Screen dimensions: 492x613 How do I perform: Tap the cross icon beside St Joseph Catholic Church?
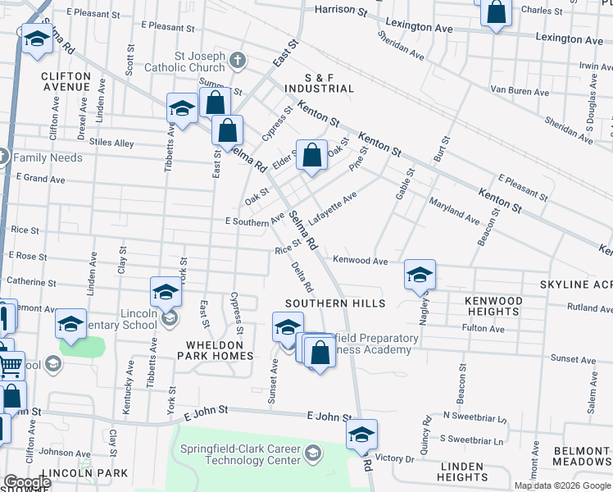point(237,60)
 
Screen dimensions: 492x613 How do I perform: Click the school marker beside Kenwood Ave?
point(420,276)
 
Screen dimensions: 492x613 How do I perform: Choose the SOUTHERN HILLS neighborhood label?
point(334,303)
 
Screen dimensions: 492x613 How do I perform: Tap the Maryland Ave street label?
point(453,210)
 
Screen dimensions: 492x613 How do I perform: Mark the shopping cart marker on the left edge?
point(10,365)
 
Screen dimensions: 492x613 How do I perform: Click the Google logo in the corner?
point(26,483)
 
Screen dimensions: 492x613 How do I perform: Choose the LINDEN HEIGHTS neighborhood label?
point(463,471)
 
